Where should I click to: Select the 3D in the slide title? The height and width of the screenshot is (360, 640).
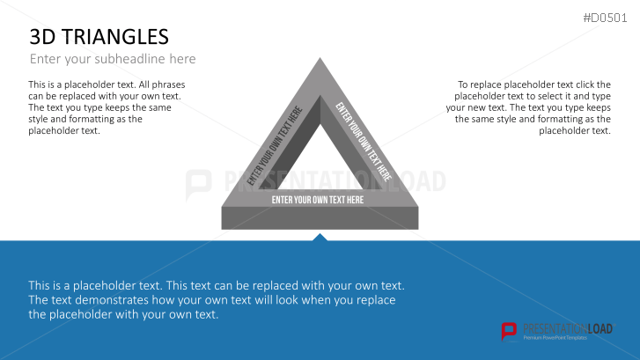tap(43, 36)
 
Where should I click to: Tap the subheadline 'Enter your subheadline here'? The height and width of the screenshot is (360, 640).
tap(113, 59)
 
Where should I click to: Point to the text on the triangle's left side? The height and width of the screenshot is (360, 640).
tap(275, 146)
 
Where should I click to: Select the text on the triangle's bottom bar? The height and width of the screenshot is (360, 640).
tap(318, 200)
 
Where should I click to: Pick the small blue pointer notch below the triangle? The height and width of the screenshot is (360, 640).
tap(320, 237)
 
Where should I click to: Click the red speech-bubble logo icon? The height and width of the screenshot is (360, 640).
tap(509, 331)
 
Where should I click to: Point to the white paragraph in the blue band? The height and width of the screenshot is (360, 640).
tap(216, 299)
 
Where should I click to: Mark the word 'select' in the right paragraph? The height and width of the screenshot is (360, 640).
tap(559, 96)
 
